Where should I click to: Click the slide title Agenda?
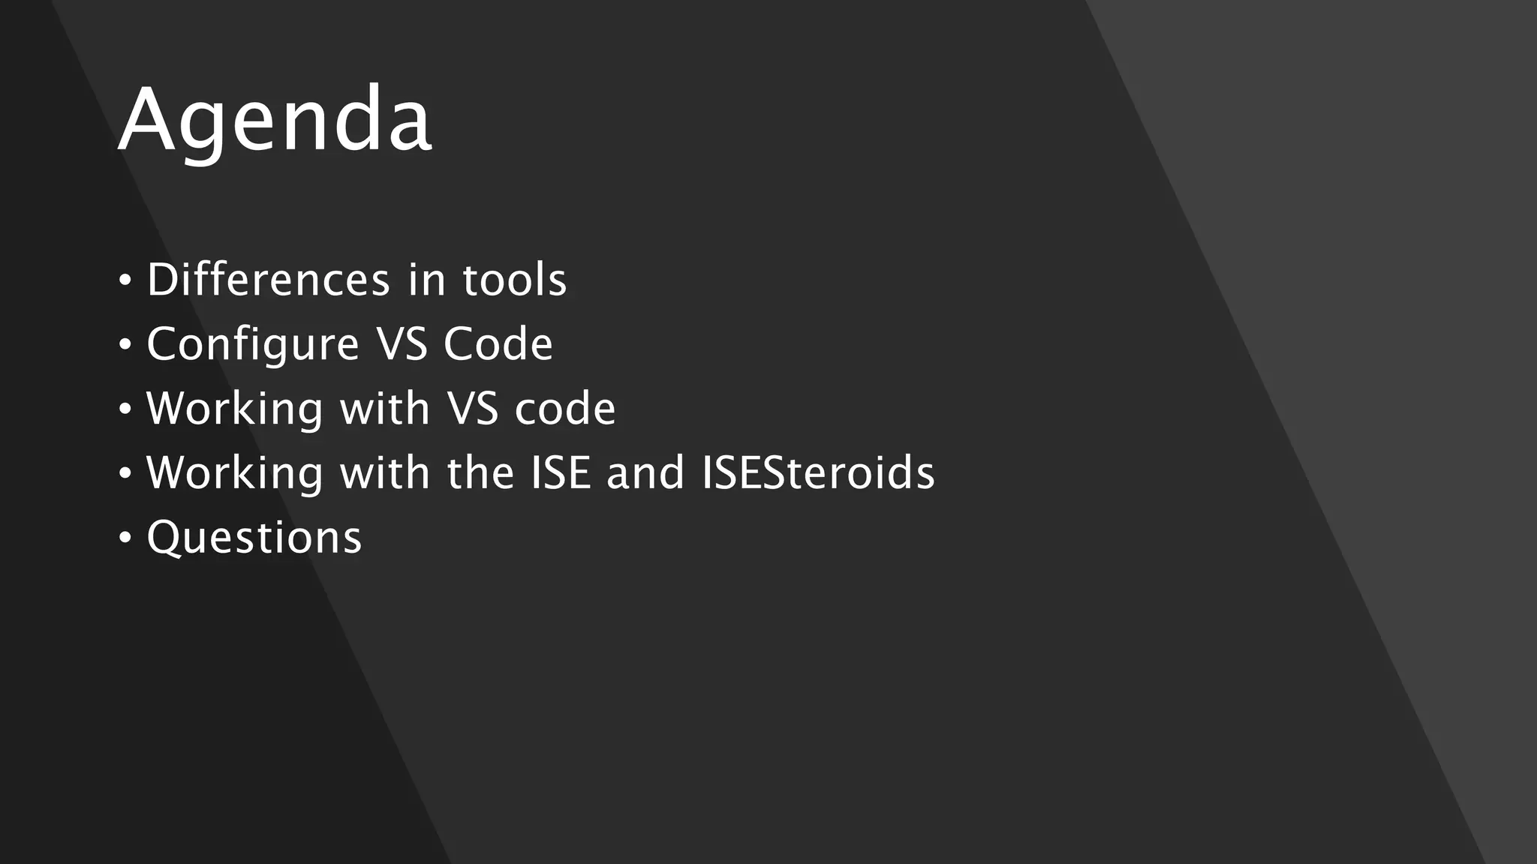pos(275,120)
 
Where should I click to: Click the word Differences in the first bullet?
pos(268,280)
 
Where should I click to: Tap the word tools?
pos(514,280)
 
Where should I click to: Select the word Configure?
pos(253,344)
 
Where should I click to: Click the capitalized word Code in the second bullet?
pos(498,344)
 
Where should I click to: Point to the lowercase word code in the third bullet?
pos(564,409)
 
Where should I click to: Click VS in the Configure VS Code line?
pos(402,344)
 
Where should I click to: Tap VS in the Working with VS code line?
pos(472,409)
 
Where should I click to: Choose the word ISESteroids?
pos(818,473)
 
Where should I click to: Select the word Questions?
pos(254,538)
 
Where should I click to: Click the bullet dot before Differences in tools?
pos(125,281)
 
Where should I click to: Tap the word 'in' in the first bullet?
pos(427,280)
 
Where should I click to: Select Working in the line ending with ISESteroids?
pos(235,473)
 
